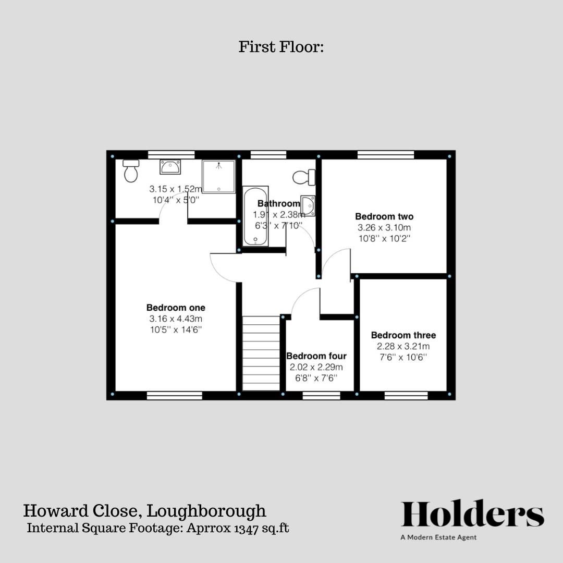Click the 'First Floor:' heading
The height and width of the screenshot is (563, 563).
click(x=281, y=47)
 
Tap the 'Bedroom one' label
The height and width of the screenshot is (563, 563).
click(x=176, y=308)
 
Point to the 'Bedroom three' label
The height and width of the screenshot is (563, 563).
click(x=403, y=335)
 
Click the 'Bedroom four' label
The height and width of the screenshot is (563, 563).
click(x=316, y=356)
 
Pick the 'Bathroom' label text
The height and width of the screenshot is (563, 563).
click(x=279, y=203)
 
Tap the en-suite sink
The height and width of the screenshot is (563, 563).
click(x=170, y=167)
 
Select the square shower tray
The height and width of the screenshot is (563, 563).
click(x=219, y=176)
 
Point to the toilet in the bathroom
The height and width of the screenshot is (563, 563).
click(x=304, y=177)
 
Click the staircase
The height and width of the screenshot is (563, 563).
click(x=261, y=353)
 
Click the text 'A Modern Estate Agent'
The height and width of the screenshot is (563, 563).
click(x=438, y=537)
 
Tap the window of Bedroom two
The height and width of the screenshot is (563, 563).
click(x=386, y=155)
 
